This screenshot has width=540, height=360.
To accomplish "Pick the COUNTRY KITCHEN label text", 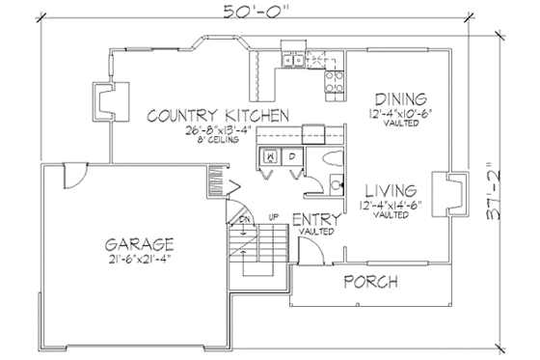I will tap(218, 116).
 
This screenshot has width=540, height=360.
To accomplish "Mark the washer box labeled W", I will tap(272, 154).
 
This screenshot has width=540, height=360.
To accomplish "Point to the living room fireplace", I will tap(445, 191).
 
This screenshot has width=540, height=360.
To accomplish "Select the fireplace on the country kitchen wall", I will tap(102, 98).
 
